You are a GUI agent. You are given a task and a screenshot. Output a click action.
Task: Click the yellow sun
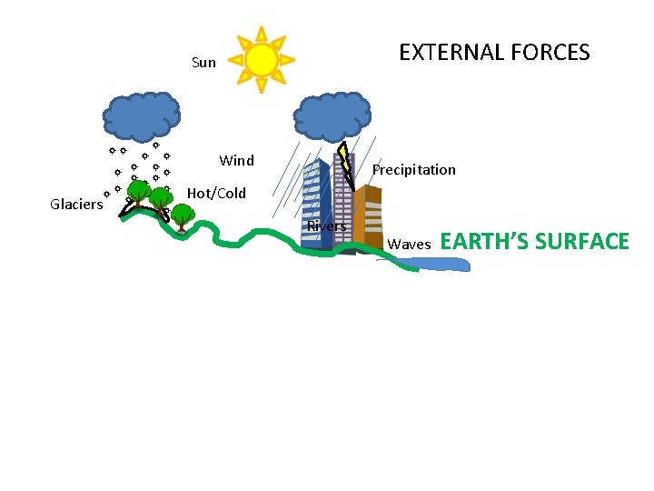(262, 60)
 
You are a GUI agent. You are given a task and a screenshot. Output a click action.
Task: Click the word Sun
(204, 63)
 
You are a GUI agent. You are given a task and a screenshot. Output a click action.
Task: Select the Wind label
(237, 161)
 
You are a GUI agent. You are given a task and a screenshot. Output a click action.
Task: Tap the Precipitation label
(414, 170)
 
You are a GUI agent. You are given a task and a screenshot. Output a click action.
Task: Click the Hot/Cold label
(216, 194)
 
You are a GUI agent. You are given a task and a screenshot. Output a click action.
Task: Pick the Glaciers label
(76, 205)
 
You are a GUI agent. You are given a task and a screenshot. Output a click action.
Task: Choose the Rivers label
(326, 226)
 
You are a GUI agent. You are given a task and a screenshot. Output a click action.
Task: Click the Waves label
(409, 245)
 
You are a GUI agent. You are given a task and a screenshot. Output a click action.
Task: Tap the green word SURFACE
(581, 242)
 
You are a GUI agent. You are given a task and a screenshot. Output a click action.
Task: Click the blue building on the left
(316, 205)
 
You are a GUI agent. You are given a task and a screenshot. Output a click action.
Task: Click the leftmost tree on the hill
(138, 191)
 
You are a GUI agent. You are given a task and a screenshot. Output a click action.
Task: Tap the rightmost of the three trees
(182, 215)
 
